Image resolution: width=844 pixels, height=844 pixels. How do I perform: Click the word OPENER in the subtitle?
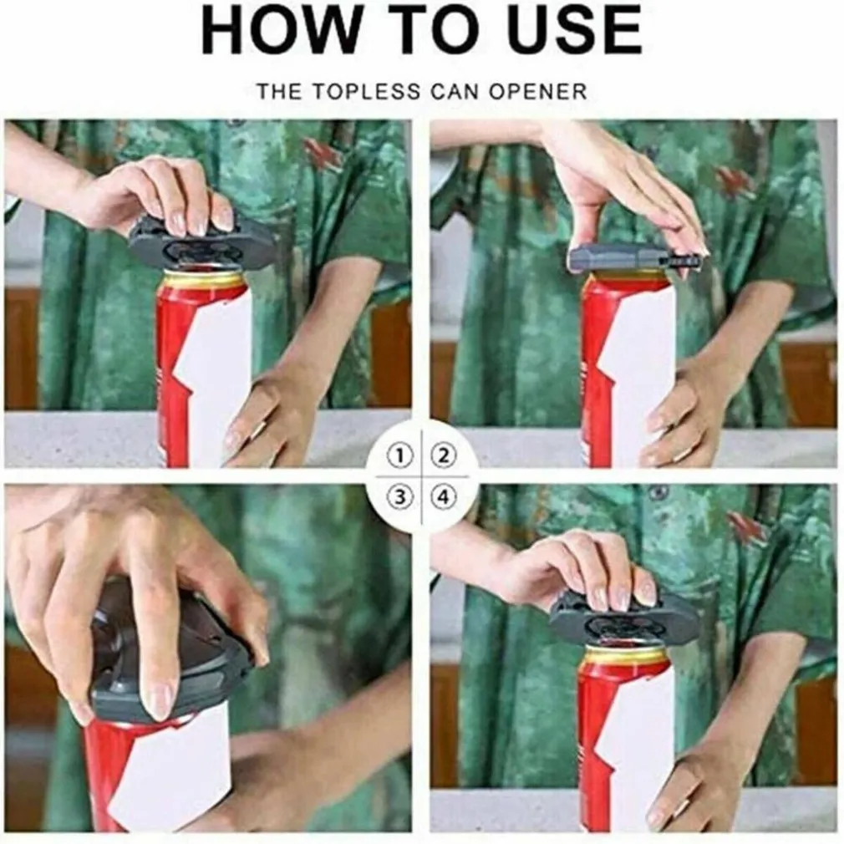538,92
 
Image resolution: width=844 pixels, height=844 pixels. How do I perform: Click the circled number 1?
399,456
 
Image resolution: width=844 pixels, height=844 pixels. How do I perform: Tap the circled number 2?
444,456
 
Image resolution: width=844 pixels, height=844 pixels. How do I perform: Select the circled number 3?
399,497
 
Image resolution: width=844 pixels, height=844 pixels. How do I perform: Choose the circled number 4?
444,497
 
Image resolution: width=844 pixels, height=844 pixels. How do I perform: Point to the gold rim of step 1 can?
203,280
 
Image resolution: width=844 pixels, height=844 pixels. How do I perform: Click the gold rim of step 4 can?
624,656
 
